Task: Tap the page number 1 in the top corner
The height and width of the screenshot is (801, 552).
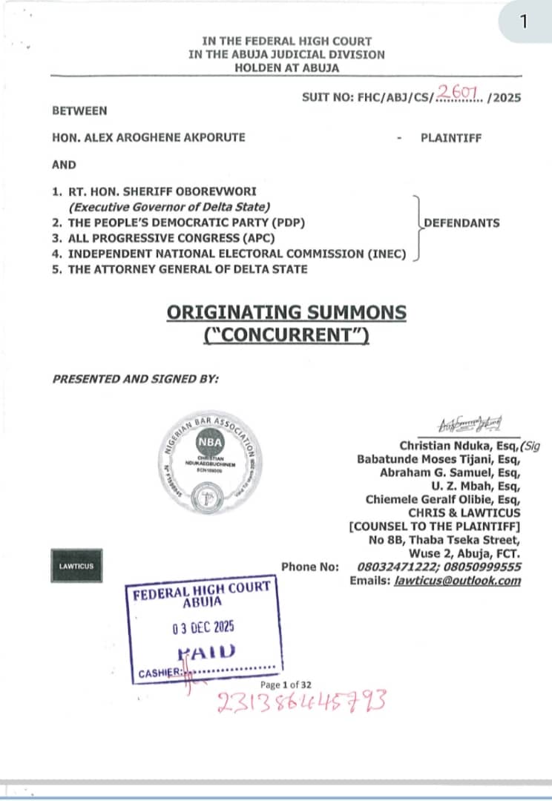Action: pyautogui.click(x=524, y=21)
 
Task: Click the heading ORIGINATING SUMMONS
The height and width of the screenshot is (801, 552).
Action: pyautogui.click(x=286, y=311)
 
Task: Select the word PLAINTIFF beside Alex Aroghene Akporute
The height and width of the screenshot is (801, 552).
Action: pyautogui.click(x=451, y=137)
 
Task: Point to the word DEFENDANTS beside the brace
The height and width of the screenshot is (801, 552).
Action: pyautogui.click(x=461, y=222)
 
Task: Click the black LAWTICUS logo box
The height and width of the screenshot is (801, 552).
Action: pyautogui.click(x=72, y=567)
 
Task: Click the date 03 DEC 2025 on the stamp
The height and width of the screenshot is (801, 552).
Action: pyautogui.click(x=202, y=627)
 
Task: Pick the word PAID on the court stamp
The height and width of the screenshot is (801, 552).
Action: pyautogui.click(x=207, y=652)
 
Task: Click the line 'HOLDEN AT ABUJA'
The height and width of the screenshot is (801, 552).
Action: pyautogui.click(x=286, y=67)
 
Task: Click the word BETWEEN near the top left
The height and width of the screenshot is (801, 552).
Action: pyautogui.click(x=79, y=111)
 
